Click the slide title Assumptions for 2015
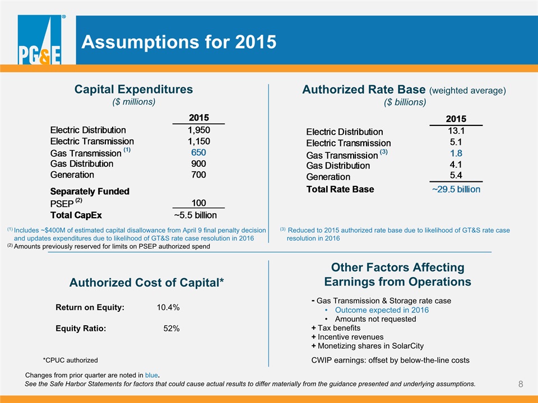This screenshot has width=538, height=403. pyautogui.click(x=179, y=42)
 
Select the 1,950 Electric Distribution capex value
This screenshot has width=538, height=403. pyautogui.click(x=198, y=130)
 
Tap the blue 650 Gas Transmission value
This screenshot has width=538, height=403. pyautogui.click(x=198, y=152)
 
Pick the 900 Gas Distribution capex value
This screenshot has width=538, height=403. pyautogui.click(x=198, y=164)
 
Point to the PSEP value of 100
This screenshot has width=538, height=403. pyautogui.click(x=198, y=203)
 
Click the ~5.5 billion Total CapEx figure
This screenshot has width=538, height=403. pyautogui.click(x=195, y=215)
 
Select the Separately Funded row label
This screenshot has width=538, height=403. pyautogui.click(x=90, y=191)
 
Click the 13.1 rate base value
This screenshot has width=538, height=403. pyautogui.click(x=456, y=131)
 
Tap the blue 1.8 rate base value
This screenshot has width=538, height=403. pyautogui.click(x=456, y=153)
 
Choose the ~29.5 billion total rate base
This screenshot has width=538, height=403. pyautogui.click(x=456, y=189)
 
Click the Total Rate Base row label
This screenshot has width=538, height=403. pyautogui.click(x=340, y=189)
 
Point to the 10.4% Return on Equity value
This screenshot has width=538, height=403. pyautogui.click(x=168, y=307)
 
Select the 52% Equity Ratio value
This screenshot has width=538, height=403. pyautogui.click(x=171, y=329)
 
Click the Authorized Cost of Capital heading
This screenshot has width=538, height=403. pyautogui.click(x=146, y=282)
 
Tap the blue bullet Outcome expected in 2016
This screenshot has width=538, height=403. pyautogui.click(x=382, y=310)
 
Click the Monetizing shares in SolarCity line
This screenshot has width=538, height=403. pyautogui.click(x=368, y=346)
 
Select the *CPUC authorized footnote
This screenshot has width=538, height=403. pyautogui.click(x=71, y=360)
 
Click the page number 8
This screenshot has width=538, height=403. pyautogui.click(x=521, y=384)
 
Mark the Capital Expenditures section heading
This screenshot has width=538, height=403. pyautogui.click(x=133, y=90)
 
